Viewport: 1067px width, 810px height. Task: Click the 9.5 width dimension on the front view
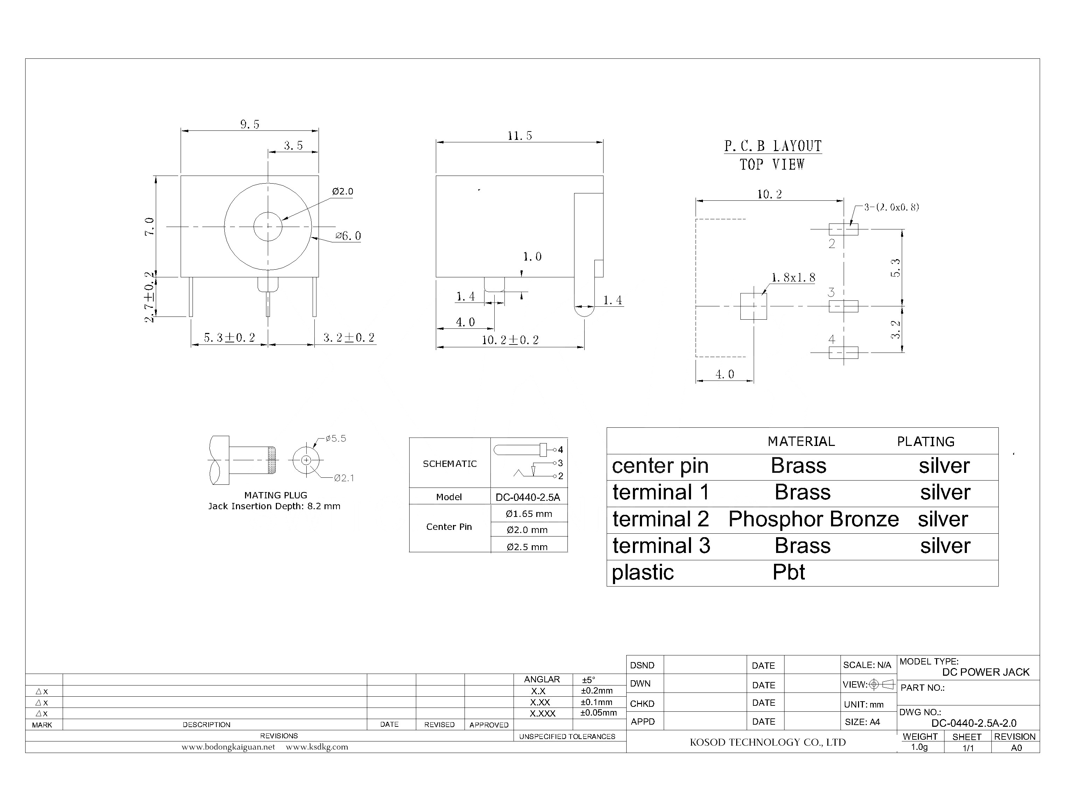250,125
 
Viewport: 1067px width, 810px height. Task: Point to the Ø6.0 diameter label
348,236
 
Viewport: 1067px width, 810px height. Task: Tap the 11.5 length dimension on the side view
519,136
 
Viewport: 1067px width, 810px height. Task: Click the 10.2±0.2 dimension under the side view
510,340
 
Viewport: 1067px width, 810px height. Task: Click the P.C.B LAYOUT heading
772,146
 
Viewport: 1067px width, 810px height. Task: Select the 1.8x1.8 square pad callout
793,278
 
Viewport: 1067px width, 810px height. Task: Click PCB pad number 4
831,340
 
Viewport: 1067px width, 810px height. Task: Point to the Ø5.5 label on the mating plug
335,438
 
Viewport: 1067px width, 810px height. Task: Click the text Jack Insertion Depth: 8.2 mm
274,506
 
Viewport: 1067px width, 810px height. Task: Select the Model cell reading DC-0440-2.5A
528,497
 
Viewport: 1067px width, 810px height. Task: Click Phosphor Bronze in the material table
813,519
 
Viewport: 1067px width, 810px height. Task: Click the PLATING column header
925,442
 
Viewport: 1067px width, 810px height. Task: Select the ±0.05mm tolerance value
598,713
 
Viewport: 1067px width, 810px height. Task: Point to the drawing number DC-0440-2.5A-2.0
974,723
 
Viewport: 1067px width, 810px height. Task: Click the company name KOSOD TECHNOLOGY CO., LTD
767,742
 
